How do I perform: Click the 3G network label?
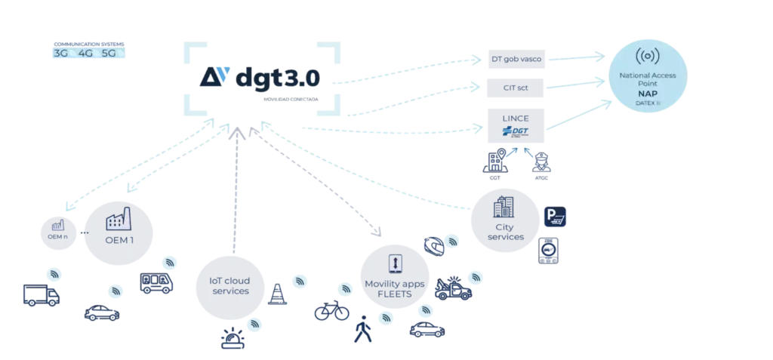(60, 54)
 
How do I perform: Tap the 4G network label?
(85, 54)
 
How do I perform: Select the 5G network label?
(109, 54)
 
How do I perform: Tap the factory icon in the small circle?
(57, 224)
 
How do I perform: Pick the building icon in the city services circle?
(505, 205)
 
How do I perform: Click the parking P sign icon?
(555, 219)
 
